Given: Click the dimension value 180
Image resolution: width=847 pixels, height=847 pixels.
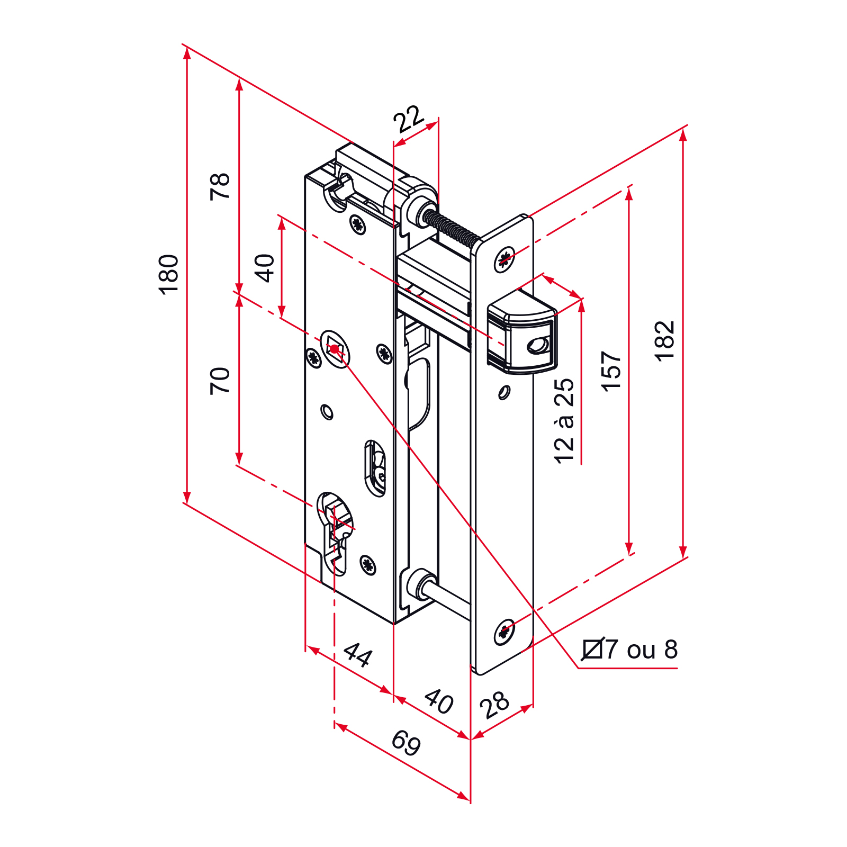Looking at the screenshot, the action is [168, 274].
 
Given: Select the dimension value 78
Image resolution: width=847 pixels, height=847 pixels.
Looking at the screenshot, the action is [220, 186].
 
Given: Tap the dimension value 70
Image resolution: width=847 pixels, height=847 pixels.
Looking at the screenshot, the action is [220, 381].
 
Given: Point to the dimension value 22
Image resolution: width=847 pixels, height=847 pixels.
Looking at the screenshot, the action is [409, 119].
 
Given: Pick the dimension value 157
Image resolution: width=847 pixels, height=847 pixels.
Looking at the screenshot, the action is [611, 371].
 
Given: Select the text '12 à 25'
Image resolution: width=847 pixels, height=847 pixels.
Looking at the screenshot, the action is [564, 421].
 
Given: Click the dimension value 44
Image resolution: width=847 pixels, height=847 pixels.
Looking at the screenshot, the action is [358, 655].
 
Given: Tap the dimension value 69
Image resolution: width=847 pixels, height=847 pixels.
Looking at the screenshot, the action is [406, 743].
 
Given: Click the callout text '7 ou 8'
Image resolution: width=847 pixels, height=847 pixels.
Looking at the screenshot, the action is [642, 650].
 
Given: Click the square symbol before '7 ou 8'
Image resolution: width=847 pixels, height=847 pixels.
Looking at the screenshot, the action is [593, 649].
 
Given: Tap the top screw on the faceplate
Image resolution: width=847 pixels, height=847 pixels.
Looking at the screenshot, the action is [505, 259].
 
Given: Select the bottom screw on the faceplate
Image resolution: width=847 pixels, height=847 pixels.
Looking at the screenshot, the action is [505, 632].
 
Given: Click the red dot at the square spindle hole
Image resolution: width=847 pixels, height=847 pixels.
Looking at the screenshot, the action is [335, 349].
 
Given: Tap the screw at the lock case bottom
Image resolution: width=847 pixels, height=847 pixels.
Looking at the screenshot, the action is [368, 565].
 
